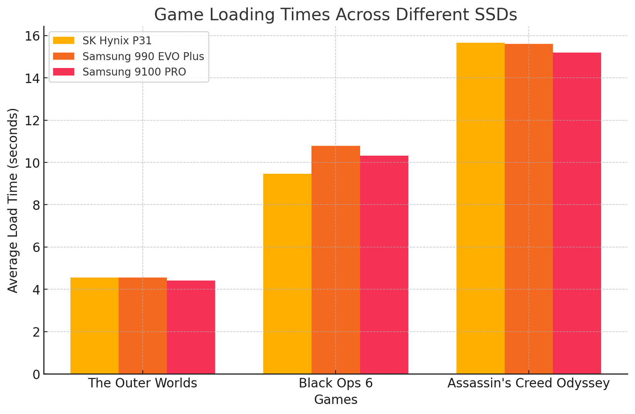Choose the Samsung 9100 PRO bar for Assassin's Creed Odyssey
577,213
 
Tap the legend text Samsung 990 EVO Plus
143,57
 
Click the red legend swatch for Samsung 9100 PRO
63,72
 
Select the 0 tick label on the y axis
37,374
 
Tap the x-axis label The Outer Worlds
143,384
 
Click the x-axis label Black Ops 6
336,384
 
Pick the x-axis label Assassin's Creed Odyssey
528,384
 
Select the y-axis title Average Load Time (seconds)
13,201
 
